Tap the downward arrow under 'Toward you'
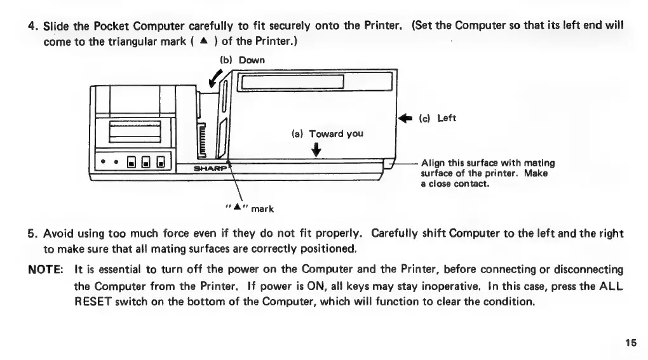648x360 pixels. coord(316,150)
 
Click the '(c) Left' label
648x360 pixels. coord(437,119)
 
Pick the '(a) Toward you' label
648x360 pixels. coord(327,134)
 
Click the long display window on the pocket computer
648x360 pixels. coord(294,83)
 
